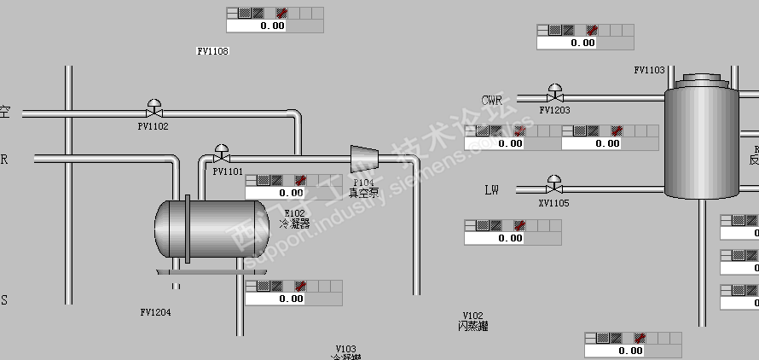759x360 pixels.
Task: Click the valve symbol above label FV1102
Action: tap(154, 109)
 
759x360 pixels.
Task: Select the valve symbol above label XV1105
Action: tap(554, 184)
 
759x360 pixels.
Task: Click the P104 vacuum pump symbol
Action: tap(365, 158)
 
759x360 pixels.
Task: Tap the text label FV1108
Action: tap(212, 51)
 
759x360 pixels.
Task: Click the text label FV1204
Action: tap(155, 312)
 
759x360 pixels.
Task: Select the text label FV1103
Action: tap(649, 70)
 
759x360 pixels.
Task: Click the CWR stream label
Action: tap(492, 100)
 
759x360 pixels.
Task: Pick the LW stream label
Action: tap(491, 189)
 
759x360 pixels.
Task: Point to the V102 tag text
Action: tap(472, 316)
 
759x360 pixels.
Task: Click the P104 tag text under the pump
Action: tap(364, 183)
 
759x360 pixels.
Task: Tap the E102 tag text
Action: tap(294, 213)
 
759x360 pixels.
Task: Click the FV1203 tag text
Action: tap(555, 110)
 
